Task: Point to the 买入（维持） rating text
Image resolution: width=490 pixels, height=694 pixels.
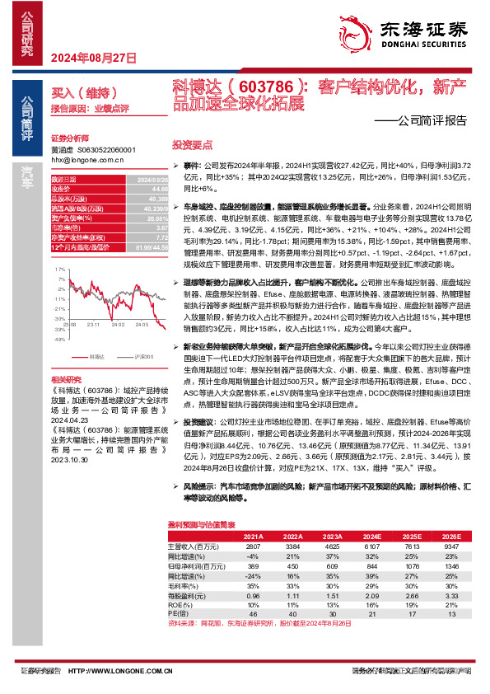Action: (x=80, y=95)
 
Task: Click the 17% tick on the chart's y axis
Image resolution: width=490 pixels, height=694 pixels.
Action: (x=58, y=270)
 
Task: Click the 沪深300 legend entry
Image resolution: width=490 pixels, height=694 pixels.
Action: (x=143, y=357)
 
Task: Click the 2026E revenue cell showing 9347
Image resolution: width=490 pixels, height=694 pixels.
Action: (x=452, y=546)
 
